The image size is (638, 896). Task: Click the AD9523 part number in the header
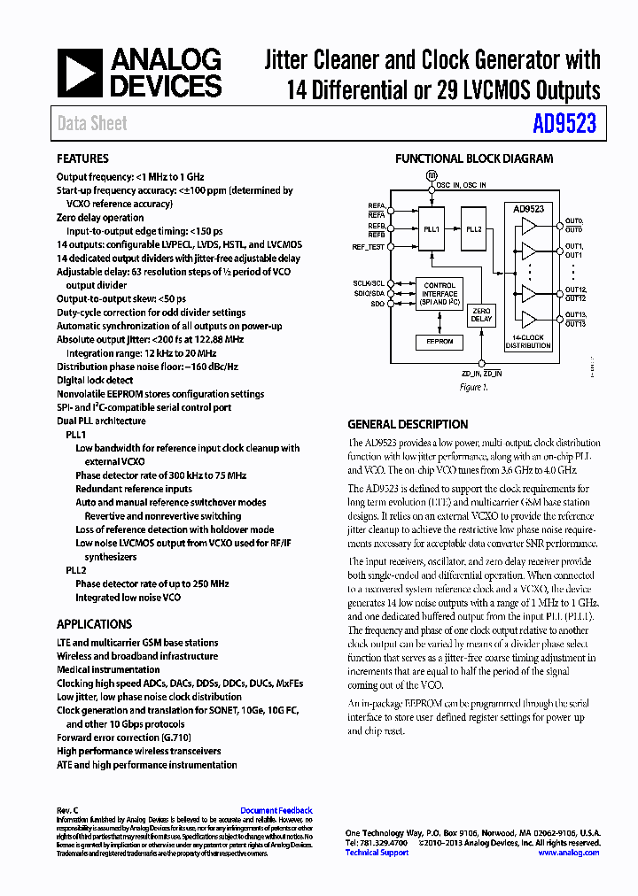click(564, 124)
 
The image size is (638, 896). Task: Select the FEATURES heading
click(82, 159)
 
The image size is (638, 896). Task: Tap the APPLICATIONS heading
click(94, 624)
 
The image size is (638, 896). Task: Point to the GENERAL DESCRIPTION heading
click(408, 424)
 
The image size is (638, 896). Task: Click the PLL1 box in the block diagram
click(432, 228)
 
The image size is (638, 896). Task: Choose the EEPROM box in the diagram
click(440, 341)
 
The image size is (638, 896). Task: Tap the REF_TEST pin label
click(369, 247)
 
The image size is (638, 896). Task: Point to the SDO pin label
click(377, 304)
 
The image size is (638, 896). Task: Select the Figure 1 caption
click(473, 388)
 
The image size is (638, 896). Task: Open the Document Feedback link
click(276, 810)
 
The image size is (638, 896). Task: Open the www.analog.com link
click(568, 853)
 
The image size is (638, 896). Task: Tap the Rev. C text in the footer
click(68, 810)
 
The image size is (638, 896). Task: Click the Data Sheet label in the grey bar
click(92, 124)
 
